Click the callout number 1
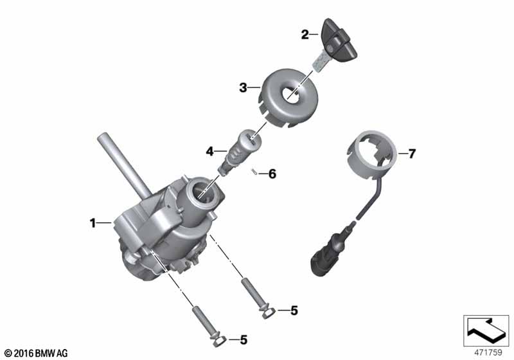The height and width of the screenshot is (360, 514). pyautogui.click(x=93, y=223)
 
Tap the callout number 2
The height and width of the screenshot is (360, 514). pyautogui.click(x=305, y=35)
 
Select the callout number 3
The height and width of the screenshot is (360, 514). pyautogui.click(x=243, y=88)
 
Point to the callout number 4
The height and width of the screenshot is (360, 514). pyautogui.click(x=210, y=152)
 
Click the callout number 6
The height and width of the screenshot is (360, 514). pyautogui.click(x=272, y=174)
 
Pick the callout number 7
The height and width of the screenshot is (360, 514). pyautogui.click(x=411, y=154)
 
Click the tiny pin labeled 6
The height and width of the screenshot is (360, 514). pyautogui.click(x=254, y=172)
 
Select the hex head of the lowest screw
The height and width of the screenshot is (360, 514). pyautogui.click(x=218, y=341)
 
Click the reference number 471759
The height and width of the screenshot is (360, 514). pyautogui.click(x=488, y=352)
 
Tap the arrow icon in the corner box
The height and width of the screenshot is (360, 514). pyautogui.click(x=486, y=328)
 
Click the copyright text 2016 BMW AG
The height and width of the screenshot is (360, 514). pyautogui.click(x=36, y=354)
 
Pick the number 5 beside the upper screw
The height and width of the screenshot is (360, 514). pyautogui.click(x=294, y=310)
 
